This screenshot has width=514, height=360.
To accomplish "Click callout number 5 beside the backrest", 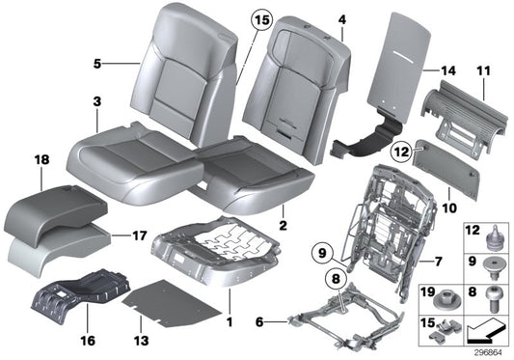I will [x=97, y=65].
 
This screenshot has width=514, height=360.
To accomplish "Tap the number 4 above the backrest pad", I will [x=341, y=18].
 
